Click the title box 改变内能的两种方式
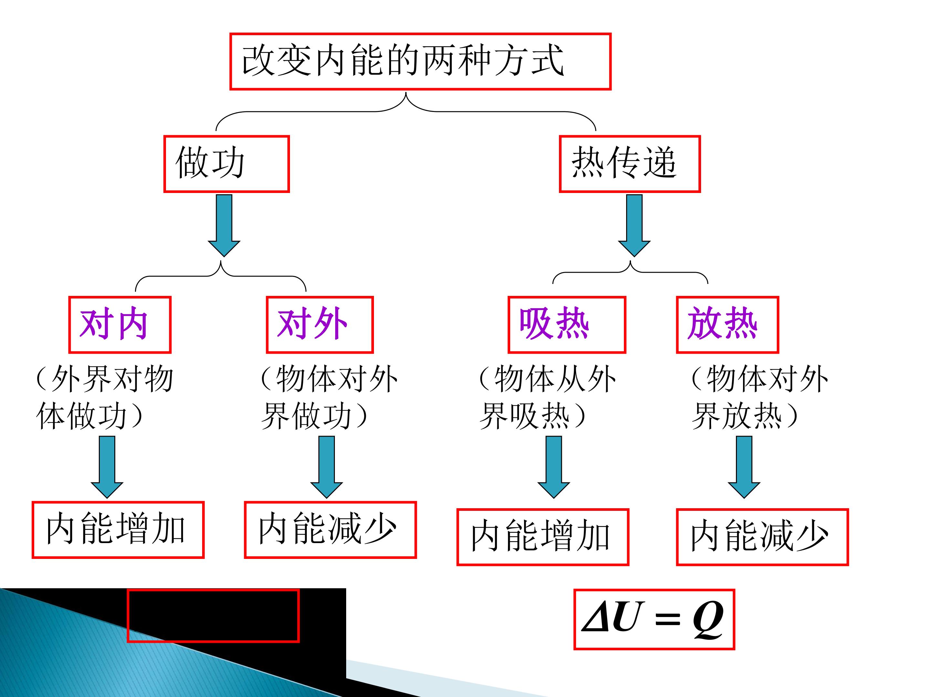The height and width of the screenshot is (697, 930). coord(420,61)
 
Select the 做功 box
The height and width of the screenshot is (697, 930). coord(227,164)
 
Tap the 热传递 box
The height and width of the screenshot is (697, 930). coord(629,164)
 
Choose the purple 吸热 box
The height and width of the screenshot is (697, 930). coord(567,324)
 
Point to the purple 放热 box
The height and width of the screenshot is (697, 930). coord(727,324)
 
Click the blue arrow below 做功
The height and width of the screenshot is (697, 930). coord(224,225)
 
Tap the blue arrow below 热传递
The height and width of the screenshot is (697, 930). coord(634,225)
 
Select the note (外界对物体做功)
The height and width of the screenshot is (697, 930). coord(104,397)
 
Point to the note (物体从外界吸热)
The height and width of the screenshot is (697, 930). coord(547,397)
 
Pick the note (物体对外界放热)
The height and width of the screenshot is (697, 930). coord(759,397)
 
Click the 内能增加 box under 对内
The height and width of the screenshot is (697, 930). coord(118,530)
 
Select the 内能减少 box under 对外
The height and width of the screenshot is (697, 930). coord(330,530)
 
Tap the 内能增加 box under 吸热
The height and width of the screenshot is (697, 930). coord(543,537)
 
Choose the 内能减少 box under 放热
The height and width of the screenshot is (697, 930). coord(762,537)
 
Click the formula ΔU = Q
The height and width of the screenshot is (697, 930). coord(654,619)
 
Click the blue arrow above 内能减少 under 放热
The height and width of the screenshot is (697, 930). coord(744,467)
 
